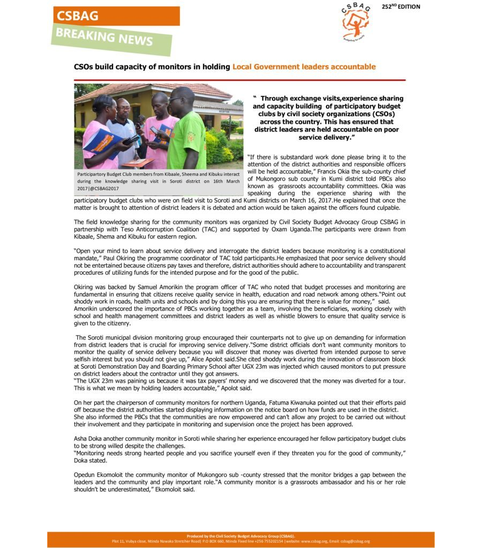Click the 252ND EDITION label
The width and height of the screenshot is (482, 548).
pos(401,6)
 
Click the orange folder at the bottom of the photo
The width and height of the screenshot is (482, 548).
pos(138,162)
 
